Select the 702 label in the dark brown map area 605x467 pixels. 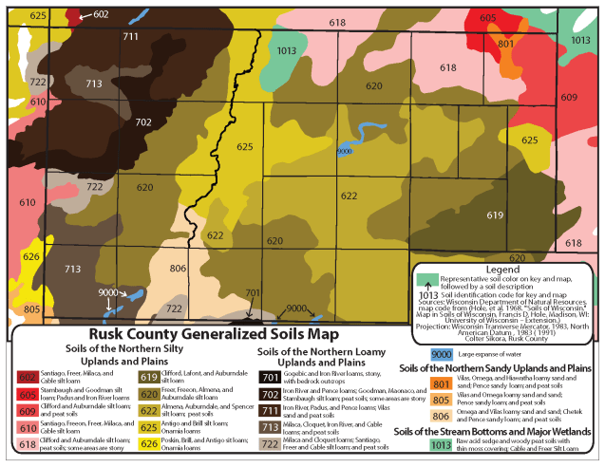coord(142,122)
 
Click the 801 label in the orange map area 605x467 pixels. coord(505,44)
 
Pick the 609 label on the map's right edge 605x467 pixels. coord(569,98)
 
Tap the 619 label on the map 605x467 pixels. coord(494,215)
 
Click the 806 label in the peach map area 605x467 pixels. coord(178,269)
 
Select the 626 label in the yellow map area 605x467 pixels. coord(31,256)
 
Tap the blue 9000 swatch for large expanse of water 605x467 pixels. coord(442,354)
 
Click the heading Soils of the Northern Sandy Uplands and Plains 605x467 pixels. coord(496,367)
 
